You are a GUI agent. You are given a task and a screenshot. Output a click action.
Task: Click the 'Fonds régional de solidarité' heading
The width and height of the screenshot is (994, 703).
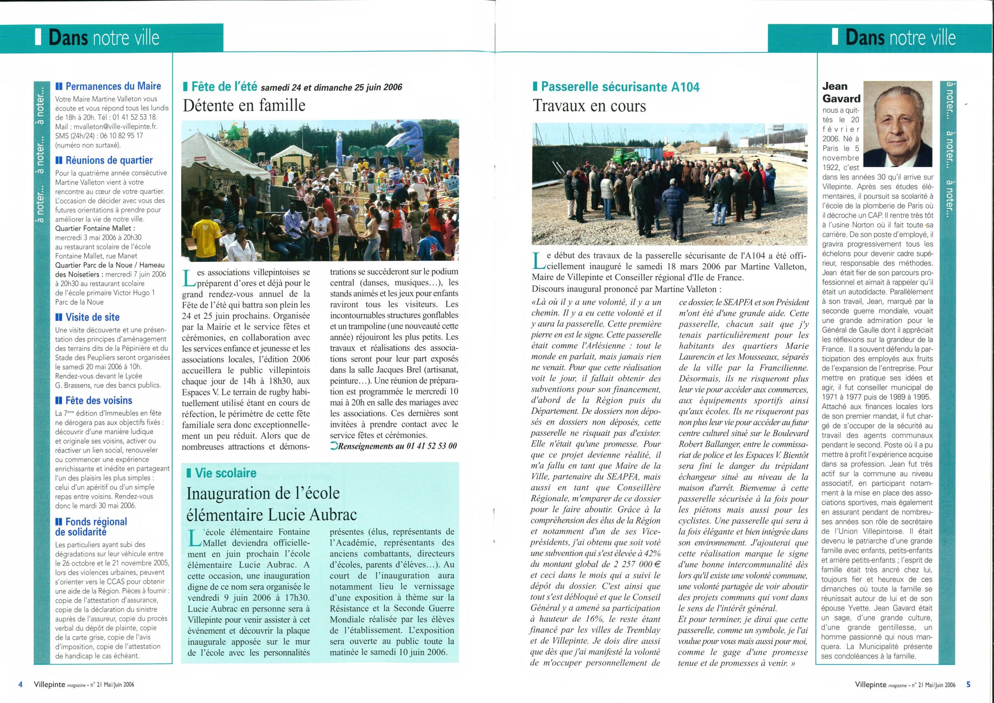pyautogui.click(x=91, y=526)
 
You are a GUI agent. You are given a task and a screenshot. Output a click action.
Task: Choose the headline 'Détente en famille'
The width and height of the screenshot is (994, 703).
pyautogui.click(x=244, y=106)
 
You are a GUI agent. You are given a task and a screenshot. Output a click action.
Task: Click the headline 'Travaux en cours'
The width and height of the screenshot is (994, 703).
pyautogui.click(x=589, y=106)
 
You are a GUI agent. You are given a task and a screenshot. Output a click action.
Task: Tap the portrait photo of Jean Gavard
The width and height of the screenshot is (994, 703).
pyautogui.click(x=897, y=124)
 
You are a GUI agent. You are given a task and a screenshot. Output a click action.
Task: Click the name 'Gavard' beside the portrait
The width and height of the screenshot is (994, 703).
pyautogui.click(x=841, y=98)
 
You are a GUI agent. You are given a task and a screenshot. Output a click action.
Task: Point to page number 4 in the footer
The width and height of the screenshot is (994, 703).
pyautogui.click(x=20, y=684)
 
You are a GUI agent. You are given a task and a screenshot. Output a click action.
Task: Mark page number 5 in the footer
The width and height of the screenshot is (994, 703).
pyautogui.click(x=968, y=684)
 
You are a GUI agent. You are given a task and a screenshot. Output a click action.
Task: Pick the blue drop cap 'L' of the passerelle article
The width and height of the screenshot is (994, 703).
pyautogui.click(x=539, y=260)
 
